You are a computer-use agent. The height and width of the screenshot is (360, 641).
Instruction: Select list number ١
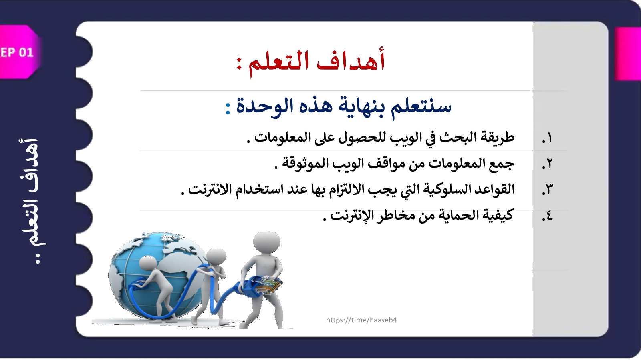(547, 138)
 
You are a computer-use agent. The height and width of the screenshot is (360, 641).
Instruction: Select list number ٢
(547, 164)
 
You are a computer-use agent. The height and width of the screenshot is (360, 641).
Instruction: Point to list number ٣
(548, 190)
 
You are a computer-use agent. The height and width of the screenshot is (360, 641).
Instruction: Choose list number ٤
(547, 215)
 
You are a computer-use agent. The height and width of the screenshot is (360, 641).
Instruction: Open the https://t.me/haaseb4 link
(361, 320)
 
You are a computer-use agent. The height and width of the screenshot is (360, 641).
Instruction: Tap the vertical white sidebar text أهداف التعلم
(32, 200)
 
